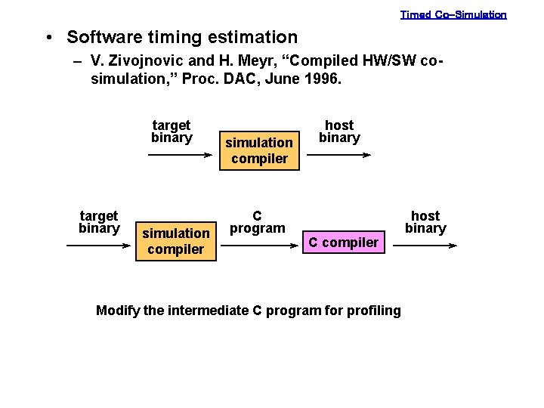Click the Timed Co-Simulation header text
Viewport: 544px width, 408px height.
tap(453, 14)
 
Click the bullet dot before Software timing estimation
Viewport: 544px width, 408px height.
tap(48, 38)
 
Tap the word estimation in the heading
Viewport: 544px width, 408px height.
tap(255, 37)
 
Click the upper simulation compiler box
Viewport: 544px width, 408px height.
tap(259, 150)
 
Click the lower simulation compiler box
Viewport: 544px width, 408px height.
tap(175, 241)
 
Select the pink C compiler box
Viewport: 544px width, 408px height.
tap(344, 242)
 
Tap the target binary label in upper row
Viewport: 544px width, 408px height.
tap(172, 131)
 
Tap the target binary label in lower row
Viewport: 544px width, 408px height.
tap(99, 222)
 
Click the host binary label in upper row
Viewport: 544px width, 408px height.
tap(339, 131)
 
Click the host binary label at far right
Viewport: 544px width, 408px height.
tap(425, 222)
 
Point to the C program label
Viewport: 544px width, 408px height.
tap(257, 222)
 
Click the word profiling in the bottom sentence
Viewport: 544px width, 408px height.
tap(373, 311)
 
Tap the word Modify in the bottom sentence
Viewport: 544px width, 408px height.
tap(117, 311)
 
